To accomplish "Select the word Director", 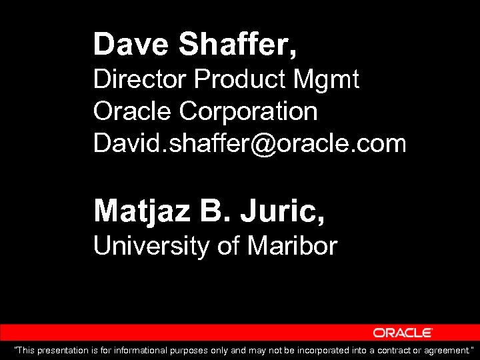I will click(140, 80).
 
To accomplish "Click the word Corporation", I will click(249, 111).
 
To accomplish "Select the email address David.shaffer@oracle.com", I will click(249, 143).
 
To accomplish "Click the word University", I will click(152, 247).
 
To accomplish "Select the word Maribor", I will click(293, 247).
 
